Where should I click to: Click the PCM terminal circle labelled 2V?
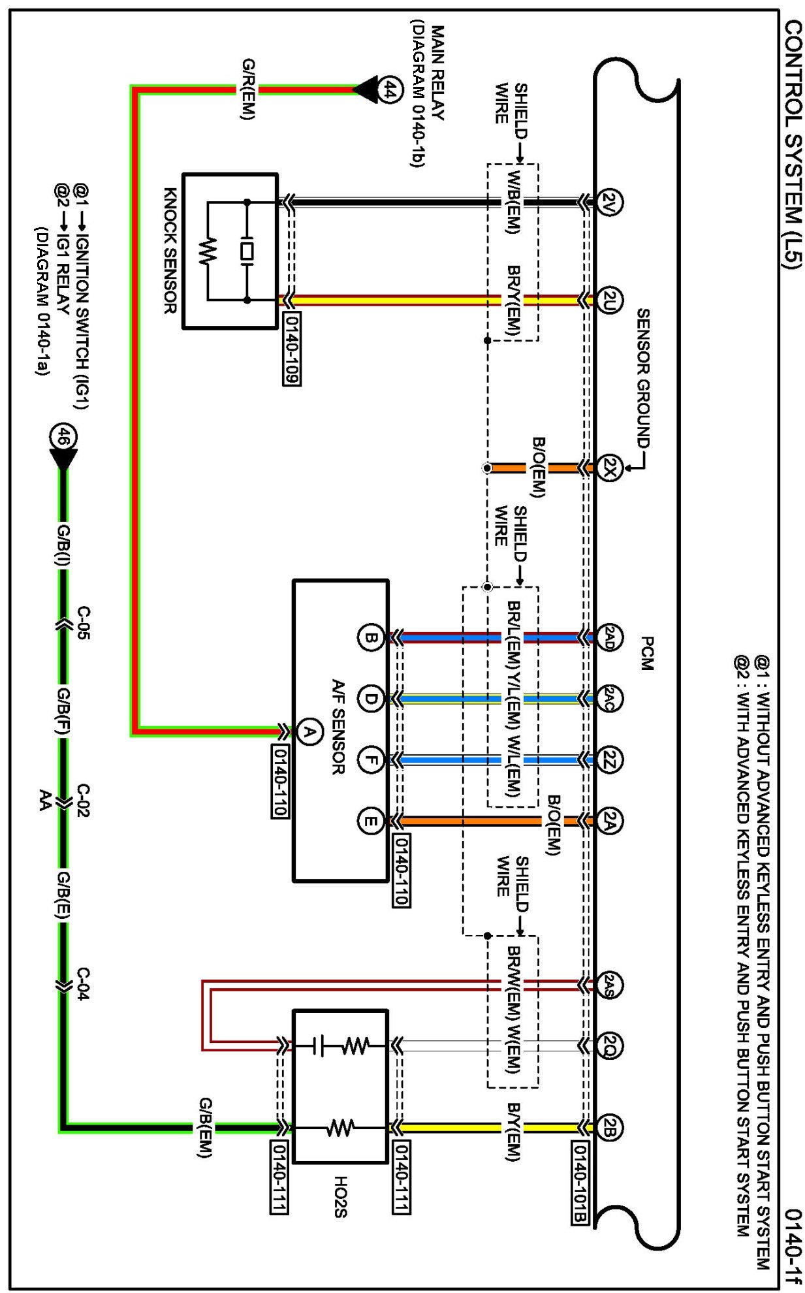click(x=609, y=201)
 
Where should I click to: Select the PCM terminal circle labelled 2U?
click(x=609, y=300)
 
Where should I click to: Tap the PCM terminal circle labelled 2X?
click(x=609, y=468)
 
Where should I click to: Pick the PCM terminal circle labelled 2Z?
click(x=609, y=759)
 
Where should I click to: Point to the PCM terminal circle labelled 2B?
click(x=609, y=1128)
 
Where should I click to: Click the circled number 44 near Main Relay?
click(x=390, y=89)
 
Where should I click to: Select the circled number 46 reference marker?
click(x=63, y=437)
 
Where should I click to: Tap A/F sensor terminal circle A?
click(x=309, y=731)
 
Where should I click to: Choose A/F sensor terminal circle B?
click(x=370, y=637)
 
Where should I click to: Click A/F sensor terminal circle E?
click(x=370, y=821)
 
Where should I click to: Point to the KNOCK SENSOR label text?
click(x=170, y=250)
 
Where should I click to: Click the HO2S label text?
click(x=340, y=1197)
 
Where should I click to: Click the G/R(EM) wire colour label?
click(x=248, y=89)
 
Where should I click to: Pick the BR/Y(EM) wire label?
click(x=514, y=301)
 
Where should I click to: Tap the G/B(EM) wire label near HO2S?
click(x=205, y=1128)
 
